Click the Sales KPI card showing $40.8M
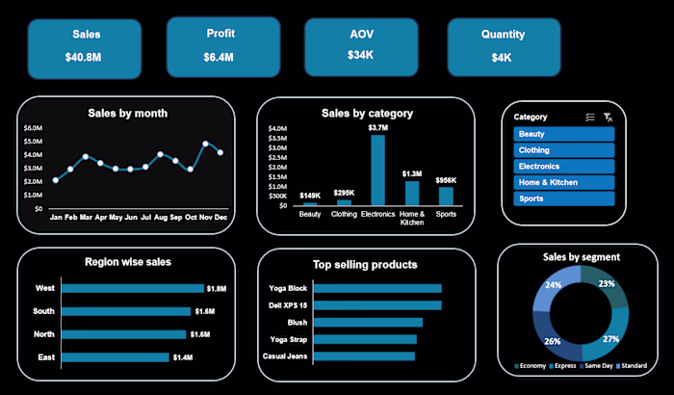(86, 47)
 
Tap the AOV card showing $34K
(361, 47)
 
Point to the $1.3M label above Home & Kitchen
(412, 173)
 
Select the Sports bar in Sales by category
(446, 196)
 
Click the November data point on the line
(205, 144)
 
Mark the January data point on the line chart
(56, 180)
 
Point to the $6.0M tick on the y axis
(33, 127)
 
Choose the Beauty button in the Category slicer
(563, 134)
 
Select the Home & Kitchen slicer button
(563, 182)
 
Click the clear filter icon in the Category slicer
(608, 117)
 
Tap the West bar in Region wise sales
(133, 288)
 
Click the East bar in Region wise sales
(117, 356)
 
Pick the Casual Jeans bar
(364, 356)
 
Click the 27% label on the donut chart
(610, 339)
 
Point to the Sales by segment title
(581, 256)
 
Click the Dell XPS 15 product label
(288, 305)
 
